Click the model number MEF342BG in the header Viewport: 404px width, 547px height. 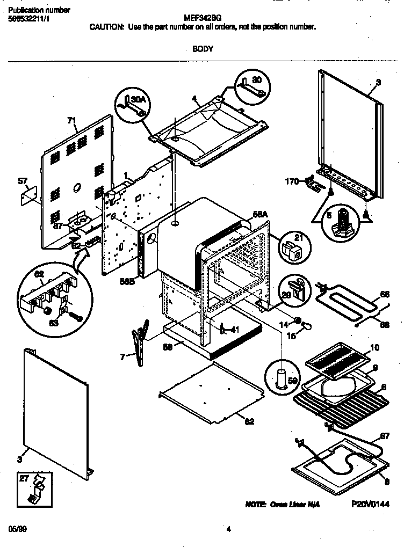click(x=203, y=17)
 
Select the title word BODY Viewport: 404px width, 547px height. click(x=203, y=49)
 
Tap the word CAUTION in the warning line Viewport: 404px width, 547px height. click(x=107, y=26)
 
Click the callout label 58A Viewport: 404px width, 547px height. click(x=260, y=214)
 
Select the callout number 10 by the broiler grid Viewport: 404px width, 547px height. click(x=374, y=348)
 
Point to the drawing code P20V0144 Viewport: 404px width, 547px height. click(x=370, y=505)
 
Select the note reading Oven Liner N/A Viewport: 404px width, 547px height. click(x=283, y=506)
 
